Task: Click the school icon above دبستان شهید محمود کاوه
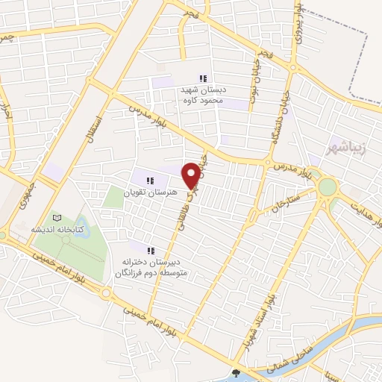click(203, 78)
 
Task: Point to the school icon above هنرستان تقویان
click(150, 180)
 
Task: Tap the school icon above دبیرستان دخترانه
click(151, 251)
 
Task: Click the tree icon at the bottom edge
click(237, 373)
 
